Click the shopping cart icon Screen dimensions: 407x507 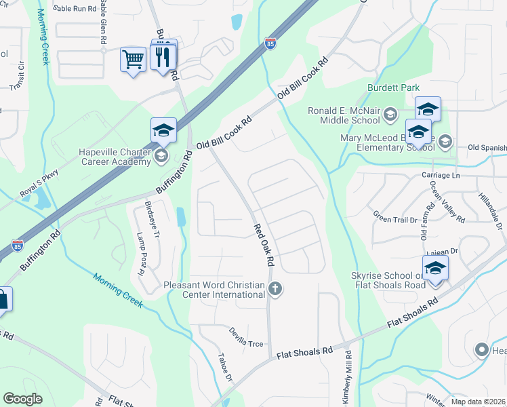click(133, 59)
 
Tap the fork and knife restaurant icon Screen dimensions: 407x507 click(162, 57)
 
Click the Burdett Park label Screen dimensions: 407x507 click(393, 88)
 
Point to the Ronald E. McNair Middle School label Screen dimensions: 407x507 click(344, 115)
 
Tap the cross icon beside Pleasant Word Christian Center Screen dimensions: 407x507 click(275, 289)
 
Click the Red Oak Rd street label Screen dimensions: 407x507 click(264, 245)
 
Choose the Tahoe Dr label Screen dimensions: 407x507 click(225, 369)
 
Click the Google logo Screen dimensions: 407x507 click(23, 398)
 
